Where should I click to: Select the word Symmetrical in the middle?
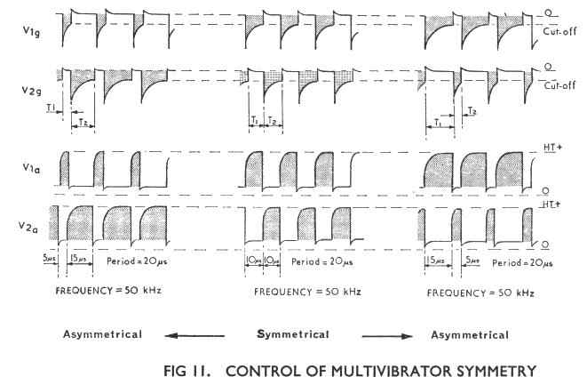click(x=293, y=334)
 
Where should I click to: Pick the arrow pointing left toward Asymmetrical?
click(x=198, y=335)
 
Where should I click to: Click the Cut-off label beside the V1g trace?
click(x=557, y=29)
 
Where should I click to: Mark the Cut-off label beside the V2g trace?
click(x=557, y=87)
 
